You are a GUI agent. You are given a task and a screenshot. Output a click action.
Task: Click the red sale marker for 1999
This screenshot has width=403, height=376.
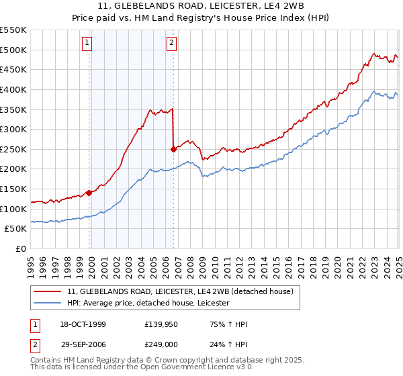coord(89,193)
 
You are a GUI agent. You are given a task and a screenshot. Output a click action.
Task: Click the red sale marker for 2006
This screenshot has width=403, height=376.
coord(174,149)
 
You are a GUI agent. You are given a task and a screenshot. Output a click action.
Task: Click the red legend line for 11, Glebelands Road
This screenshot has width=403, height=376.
coord(48,291)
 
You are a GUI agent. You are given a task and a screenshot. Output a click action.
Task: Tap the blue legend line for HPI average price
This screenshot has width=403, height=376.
coord(48,303)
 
